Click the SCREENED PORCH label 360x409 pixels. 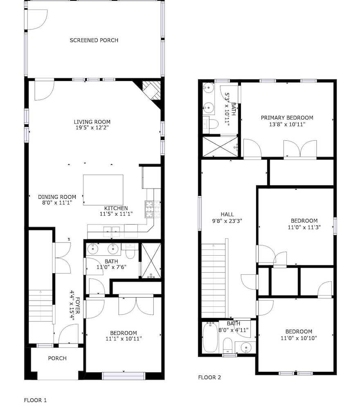click(x=94, y=40)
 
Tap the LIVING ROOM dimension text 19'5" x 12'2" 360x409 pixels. click(x=92, y=128)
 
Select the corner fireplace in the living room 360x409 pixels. click(x=151, y=90)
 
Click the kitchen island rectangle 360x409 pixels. click(x=103, y=190)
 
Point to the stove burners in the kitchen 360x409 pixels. click(x=153, y=209)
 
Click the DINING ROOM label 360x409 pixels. click(x=57, y=197)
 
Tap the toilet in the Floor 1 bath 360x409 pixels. click(x=130, y=251)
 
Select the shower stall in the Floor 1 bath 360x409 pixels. click(x=151, y=261)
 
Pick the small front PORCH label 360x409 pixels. click(x=57, y=358)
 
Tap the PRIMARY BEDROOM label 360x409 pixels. click(x=287, y=118)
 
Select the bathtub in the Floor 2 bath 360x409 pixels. click(x=210, y=337)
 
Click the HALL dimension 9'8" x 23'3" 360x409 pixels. click(x=227, y=221)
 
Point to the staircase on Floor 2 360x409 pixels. click(x=214, y=281)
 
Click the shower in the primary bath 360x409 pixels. click(x=220, y=147)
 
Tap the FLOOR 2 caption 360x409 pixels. click(x=209, y=377)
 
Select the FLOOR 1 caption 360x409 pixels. click(x=35, y=400)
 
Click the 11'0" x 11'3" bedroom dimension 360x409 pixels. click(x=304, y=227)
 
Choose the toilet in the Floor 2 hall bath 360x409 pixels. click(x=228, y=345)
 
